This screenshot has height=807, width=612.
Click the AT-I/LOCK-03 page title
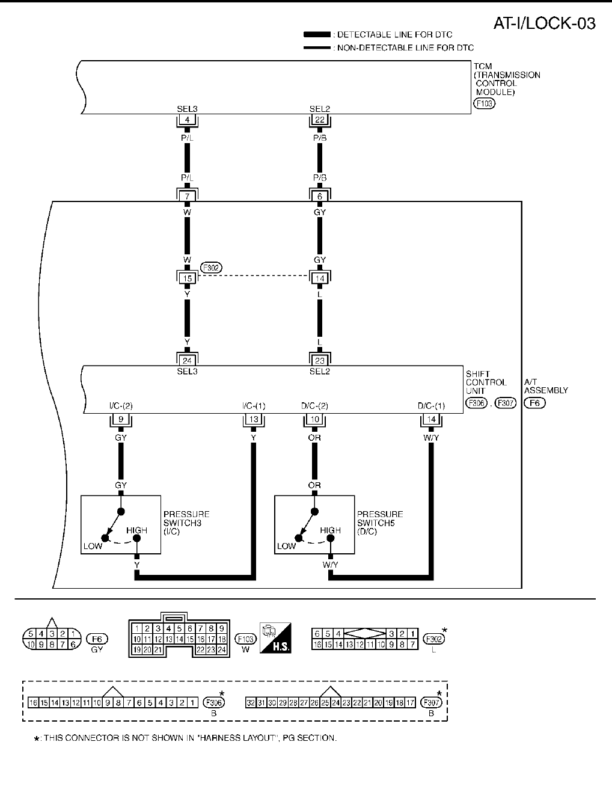[544, 23]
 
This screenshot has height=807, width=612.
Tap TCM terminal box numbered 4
[187, 120]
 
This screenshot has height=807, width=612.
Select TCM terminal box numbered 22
[320, 120]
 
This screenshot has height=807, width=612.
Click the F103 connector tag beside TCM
[484, 103]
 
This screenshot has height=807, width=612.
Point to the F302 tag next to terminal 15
[211, 268]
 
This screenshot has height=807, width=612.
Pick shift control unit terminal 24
[187, 361]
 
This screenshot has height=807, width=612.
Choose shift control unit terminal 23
[320, 361]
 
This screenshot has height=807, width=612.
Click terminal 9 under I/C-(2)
[121, 420]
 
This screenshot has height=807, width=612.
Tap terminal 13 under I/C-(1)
[254, 420]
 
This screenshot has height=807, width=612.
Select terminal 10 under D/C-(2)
[314, 420]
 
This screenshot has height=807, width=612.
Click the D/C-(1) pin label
[431, 406]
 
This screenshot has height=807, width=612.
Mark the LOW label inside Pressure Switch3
[93, 546]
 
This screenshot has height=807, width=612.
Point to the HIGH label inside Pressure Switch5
[330, 530]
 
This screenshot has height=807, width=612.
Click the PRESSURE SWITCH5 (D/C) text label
[380, 523]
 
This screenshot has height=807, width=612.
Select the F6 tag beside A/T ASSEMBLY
[534, 402]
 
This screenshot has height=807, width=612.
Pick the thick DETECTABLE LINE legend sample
[317, 35]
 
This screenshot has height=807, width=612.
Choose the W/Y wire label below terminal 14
[431, 438]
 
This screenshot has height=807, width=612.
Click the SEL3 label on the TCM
[187, 109]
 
